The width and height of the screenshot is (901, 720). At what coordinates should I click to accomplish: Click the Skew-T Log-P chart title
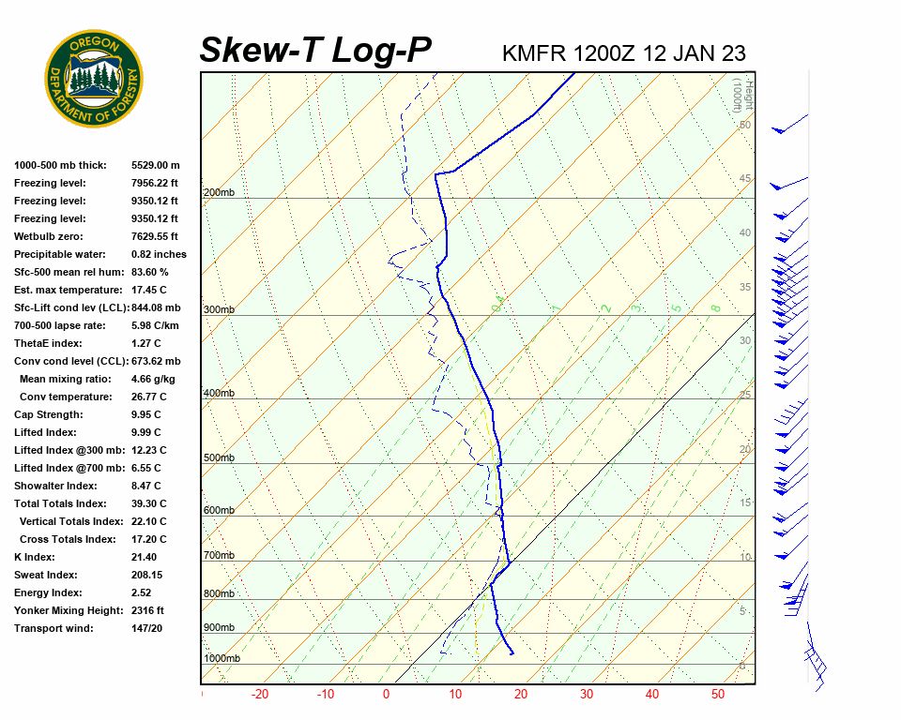pos(315,51)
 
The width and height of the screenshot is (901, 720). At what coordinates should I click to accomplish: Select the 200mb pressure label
pos(219,193)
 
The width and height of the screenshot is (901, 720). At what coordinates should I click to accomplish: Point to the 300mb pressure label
pos(219,309)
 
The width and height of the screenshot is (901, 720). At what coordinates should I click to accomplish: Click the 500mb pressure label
pos(219,457)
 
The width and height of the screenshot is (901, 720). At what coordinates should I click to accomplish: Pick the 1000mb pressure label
pos(221,658)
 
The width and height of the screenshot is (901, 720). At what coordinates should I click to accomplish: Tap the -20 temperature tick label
pos(260,695)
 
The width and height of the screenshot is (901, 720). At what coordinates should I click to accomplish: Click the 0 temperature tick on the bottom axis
pos(386,695)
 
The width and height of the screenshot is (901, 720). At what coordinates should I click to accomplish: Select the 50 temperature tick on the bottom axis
pos(718,695)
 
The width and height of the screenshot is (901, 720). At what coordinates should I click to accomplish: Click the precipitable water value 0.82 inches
pos(159,254)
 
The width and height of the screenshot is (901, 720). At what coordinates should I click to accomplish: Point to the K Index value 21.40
pos(145,557)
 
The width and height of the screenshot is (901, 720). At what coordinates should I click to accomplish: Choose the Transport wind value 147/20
pos(147,628)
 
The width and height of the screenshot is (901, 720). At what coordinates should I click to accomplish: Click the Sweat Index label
pos(46,575)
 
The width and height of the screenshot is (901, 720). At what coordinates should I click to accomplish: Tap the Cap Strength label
pos(49,414)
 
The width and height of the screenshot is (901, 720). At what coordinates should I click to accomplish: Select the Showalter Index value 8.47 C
pos(147,486)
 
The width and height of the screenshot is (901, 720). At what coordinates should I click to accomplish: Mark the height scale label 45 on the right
pos(745,179)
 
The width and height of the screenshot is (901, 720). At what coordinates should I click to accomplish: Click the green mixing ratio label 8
pos(715,307)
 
